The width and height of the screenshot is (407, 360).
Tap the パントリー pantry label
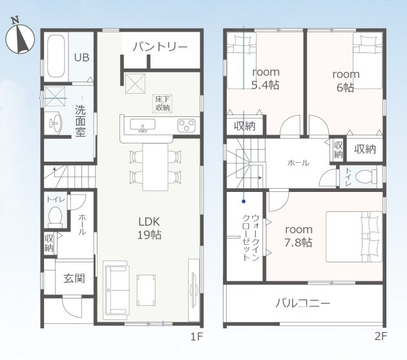click(160, 47)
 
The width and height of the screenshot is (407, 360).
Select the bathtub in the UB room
click(56, 56)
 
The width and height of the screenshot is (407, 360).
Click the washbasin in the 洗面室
click(55, 122)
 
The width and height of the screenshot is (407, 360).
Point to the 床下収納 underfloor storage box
click(163, 103)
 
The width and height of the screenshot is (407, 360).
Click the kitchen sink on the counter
click(143, 125)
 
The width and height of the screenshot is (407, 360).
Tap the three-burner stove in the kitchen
click(186, 125)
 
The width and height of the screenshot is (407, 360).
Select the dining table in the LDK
click(156, 167)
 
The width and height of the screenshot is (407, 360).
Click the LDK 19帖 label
click(149, 228)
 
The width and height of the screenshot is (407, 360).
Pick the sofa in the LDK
click(116, 290)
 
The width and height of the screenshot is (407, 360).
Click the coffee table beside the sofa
click(147, 290)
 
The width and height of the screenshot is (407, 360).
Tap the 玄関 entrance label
click(74, 279)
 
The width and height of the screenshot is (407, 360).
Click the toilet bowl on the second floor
click(366, 177)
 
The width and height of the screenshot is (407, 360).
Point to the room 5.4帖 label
click(266, 78)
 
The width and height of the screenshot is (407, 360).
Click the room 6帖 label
click(346, 81)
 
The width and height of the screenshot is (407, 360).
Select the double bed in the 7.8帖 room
click(354, 237)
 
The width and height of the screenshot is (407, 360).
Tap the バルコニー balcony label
click(302, 303)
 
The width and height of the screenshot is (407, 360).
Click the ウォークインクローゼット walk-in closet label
click(250, 237)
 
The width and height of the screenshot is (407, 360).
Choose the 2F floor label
click(381, 337)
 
